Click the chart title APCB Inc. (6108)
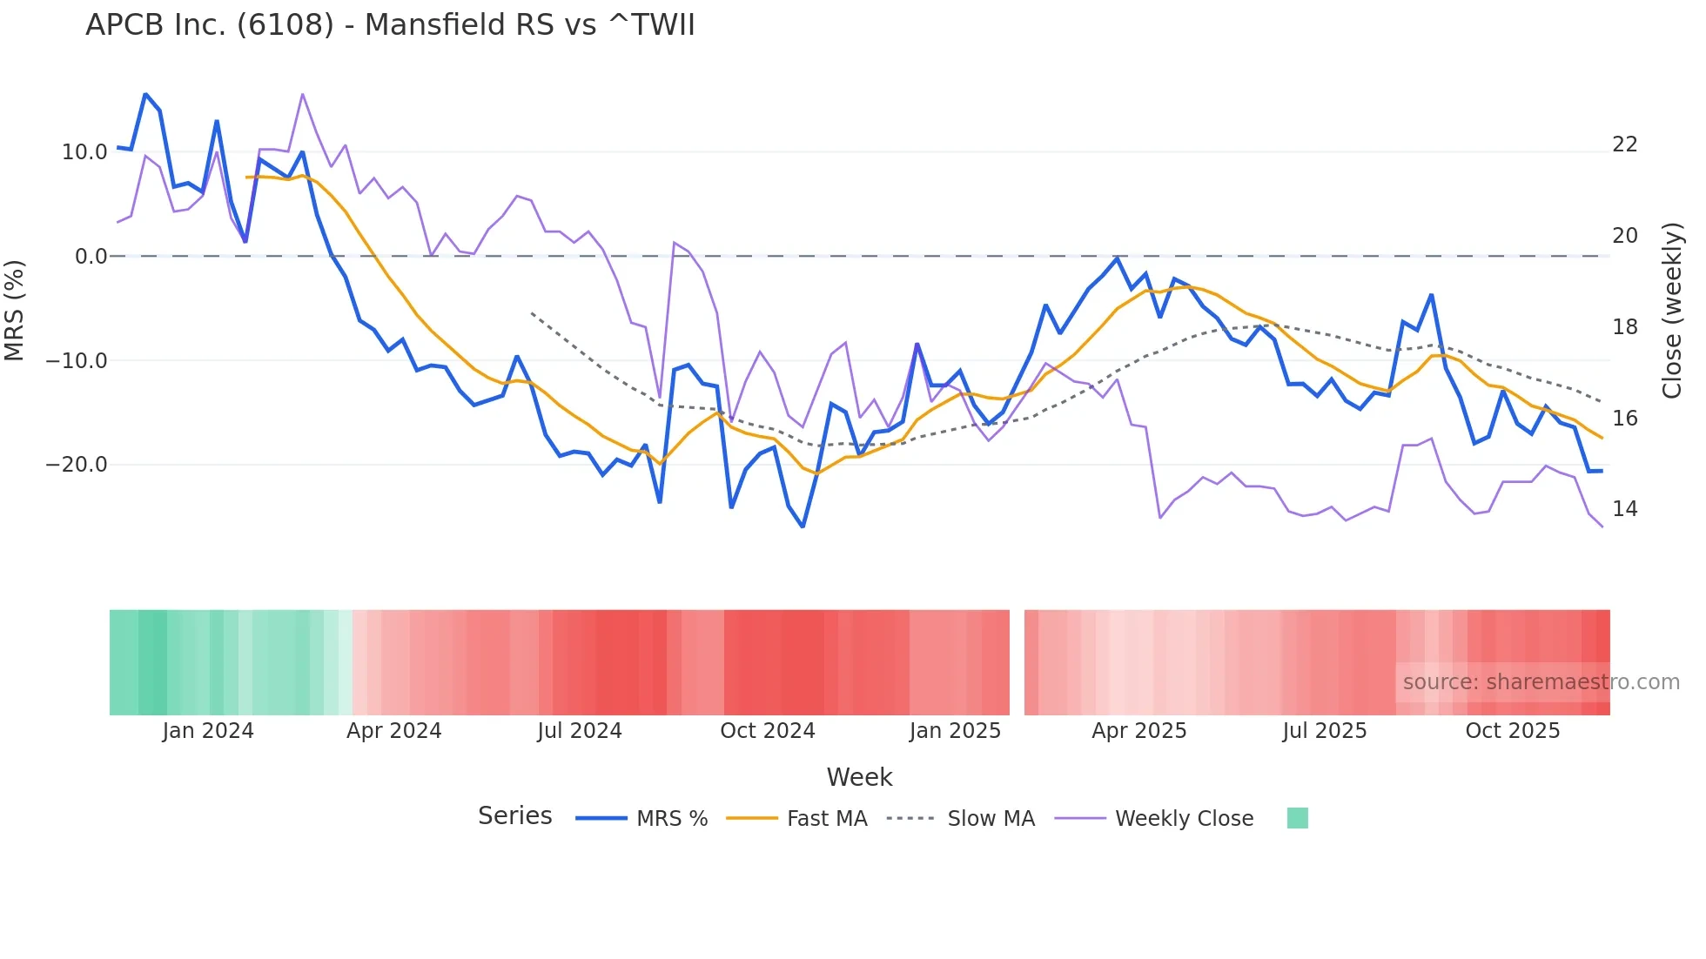pyautogui.click(x=390, y=25)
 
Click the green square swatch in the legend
pyautogui.click(x=1297, y=818)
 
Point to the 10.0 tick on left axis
pyautogui.click(x=84, y=152)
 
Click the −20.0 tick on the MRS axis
pyautogui.click(x=77, y=465)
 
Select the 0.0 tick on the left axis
pyautogui.click(x=91, y=257)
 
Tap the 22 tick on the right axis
pyautogui.click(x=1625, y=144)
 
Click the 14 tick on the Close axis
pyautogui.click(x=1625, y=509)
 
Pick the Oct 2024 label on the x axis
pyautogui.click(x=767, y=731)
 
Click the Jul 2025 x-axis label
pyautogui.click(x=1324, y=731)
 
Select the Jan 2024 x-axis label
pyautogui.click(x=208, y=731)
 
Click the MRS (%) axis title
pyautogui.click(x=15, y=310)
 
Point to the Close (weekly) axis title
pyautogui.click(x=1672, y=311)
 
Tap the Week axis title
pyautogui.click(x=859, y=777)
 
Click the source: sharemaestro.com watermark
pyautogui.click(x=1541, y=682)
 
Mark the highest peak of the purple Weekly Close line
pyautogui.click(x=302, y=94)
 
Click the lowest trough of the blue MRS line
pyautogui.click(x=803, y=526)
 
